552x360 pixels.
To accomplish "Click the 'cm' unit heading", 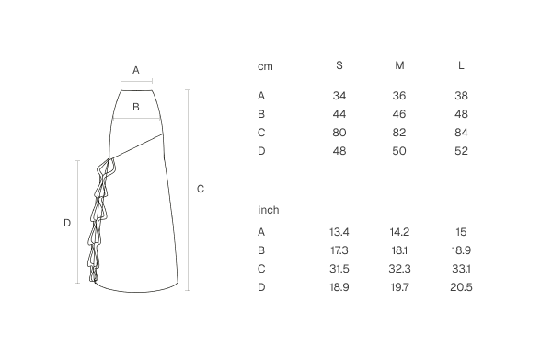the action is point(265,66).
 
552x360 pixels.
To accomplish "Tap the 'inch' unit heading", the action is point(269,210).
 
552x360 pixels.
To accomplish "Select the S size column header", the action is point(339,65).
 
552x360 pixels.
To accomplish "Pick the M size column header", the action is point(399,65).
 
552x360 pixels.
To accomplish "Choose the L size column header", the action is point(461,65).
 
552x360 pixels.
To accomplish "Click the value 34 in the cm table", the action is point(339,96).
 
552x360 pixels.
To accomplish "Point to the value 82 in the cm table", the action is point(399,133).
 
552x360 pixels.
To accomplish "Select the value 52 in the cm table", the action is point(461,151).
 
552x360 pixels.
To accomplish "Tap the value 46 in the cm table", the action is point(399,114).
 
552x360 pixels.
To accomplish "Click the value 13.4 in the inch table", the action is point(339,232).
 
